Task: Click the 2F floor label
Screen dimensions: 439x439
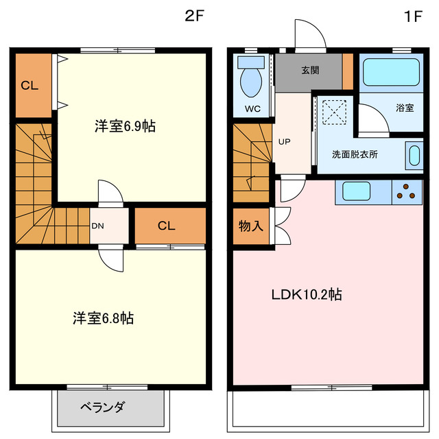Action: (194, 18)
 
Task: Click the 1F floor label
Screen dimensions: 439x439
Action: (412, 18)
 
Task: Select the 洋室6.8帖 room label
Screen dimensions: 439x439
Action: (104, 318)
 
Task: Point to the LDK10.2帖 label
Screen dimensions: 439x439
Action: (307, 295)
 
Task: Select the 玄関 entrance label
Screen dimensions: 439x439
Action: (309, 71)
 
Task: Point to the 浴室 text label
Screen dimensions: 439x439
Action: (405, 108)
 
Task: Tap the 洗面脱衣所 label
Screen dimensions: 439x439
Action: (355, 154)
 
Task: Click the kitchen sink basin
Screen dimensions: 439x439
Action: (357, 191)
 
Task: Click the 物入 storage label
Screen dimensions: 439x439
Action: (250, 226)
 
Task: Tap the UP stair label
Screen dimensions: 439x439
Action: (284, 142)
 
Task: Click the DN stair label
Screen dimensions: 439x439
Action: (98, 225)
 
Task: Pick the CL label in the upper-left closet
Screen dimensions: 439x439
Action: (29, 86)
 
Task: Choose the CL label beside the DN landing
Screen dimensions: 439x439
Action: (166, 225)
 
